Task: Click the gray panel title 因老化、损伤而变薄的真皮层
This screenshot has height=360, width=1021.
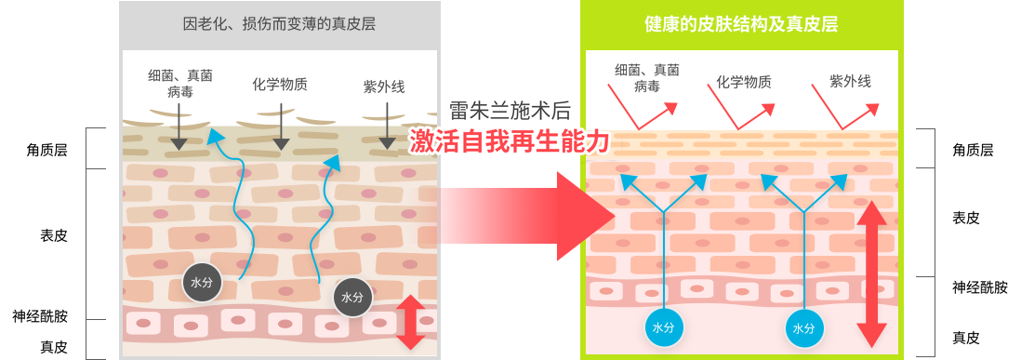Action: [279, 25]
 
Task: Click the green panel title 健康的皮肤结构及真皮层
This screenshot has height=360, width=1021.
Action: [740, 25]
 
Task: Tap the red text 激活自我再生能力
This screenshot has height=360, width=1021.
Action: [510, 140]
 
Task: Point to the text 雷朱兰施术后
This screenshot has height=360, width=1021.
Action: [510, 112]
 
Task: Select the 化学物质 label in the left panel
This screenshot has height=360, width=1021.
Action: [280, 84]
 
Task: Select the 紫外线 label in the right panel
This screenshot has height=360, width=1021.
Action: [850, 81]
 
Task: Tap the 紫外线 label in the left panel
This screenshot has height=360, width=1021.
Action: [384, 87]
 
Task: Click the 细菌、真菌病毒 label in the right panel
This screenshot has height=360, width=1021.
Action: [646, 77]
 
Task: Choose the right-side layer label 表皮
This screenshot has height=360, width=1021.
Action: [966, 218]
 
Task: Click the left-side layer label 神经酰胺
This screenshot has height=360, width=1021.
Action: [40, 317]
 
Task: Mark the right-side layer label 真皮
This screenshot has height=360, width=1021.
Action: [966, 338]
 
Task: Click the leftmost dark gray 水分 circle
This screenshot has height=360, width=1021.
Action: [202, 283]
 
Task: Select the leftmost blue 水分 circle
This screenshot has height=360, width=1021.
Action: [664, 328]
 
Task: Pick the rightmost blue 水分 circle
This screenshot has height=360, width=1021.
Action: [804, 328]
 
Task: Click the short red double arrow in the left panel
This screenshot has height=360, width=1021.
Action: [410, 322]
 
